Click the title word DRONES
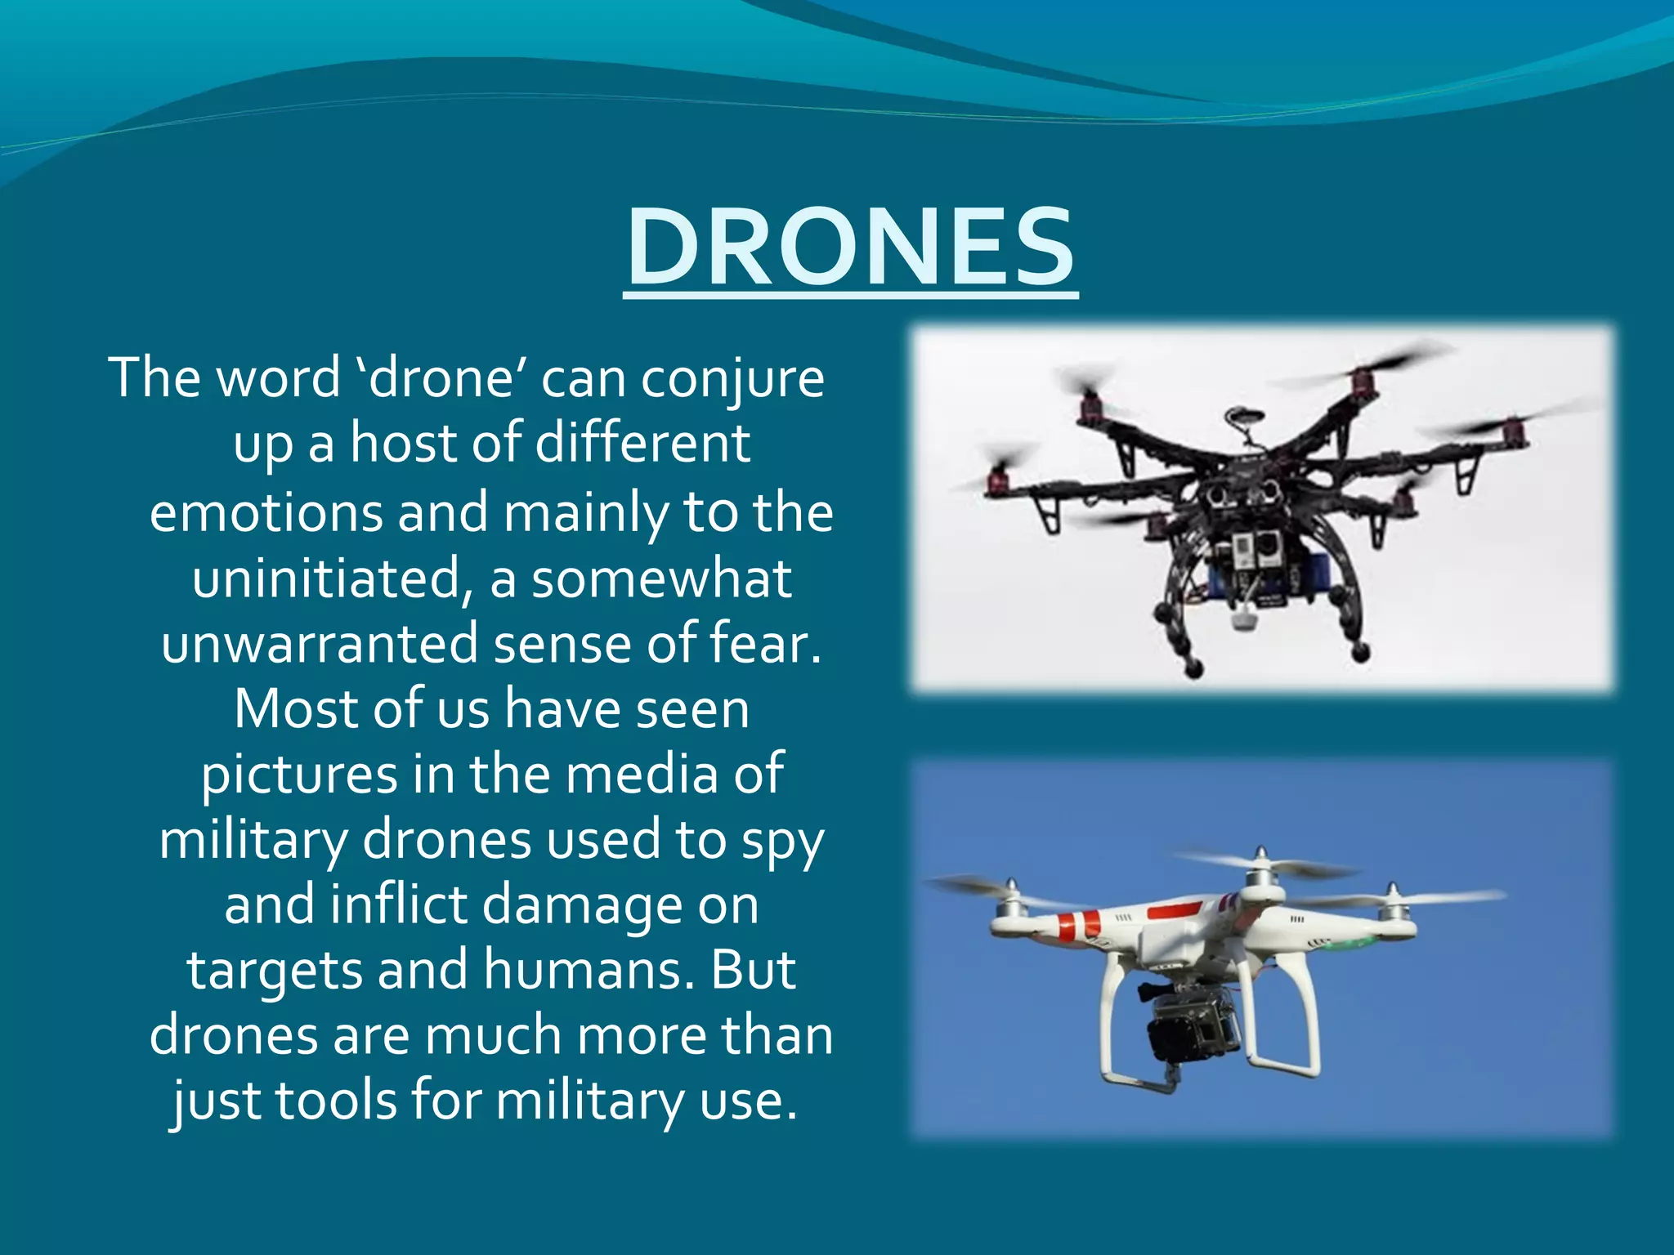point(850,247)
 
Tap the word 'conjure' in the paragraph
point(732,379)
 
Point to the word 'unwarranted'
point(319,644)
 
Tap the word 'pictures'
point(299,775)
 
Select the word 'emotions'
point(266,513)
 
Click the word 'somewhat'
point(661,578)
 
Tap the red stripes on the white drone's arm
point(1078,926)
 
